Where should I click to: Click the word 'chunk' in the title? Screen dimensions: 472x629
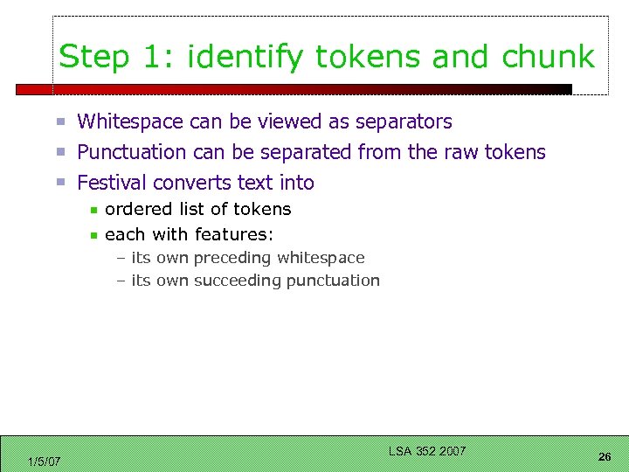tap(548, 58)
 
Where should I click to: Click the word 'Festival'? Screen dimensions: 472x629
tap(112, 183)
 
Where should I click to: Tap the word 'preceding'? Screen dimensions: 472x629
tap(232, 258)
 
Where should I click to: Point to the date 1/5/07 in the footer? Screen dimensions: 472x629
tap(44, 462)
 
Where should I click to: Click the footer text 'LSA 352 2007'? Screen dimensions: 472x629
tap(427, 451)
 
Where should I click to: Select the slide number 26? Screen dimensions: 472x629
tap(605, 457)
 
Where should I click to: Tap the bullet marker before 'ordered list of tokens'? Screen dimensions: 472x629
tap(93, 210)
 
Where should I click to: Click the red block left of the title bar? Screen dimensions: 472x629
tap(34, 89)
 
